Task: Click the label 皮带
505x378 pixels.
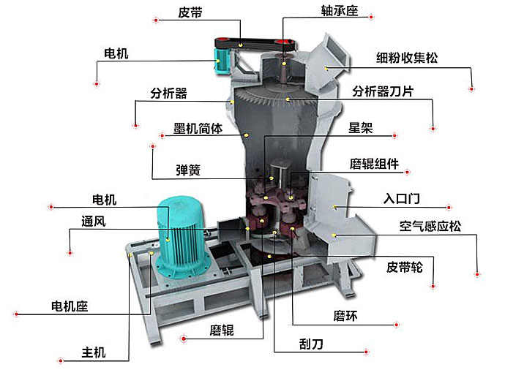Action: pyautogui.click(x=190, y=13)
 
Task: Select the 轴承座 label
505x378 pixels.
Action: pyautogui.click(x=340, y=11)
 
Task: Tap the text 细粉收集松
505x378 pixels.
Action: pyautogui.click(x=407, y=58)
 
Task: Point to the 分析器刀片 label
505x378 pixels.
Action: pyautogui.click(x=383, y=91)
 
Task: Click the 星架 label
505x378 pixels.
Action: pyautogui.click(x=360, y=128)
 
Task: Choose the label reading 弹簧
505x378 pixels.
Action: pyautogui.click(x=188, y=170)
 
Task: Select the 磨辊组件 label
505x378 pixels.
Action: pyautogui.click(x=374, y=164)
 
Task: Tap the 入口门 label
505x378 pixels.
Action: pyautogui.click(x=402, y=198)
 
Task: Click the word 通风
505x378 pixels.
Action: pyautogui.click(x=94, y=222)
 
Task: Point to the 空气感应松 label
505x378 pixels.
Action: pyautogui.click(x=430, y=226)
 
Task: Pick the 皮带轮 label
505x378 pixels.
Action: pyautogui.click(x=405, y=267)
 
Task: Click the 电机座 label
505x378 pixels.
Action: pyautogui.click(x=70, y=306)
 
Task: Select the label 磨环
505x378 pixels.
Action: pyautogui.click(x=345, y=316)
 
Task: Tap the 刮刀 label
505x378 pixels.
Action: pyautogui.click(x=311, y=344)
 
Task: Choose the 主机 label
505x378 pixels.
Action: pyautogui.click(x=94, y=352)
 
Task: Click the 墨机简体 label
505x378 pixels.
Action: pyautogui.click(x=198, y=129)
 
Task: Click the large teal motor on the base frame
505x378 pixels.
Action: pyautogui.click(x=182, y=238)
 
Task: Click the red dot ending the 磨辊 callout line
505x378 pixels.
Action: pyautogui.click(x=184, y=339)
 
